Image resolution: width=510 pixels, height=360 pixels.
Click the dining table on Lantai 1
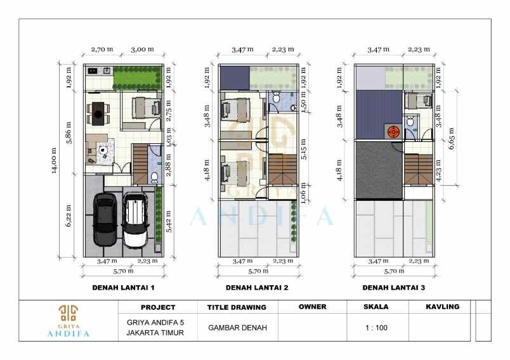click(x=98, y=114)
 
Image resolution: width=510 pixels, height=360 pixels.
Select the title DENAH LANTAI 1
click(x=124, y=287)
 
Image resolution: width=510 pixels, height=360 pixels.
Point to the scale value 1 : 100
click(x=377, y=328)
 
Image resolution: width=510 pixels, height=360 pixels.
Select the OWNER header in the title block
click(x=312, y=307)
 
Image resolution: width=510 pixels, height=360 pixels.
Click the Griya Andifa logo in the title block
click(x=69, y=320)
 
